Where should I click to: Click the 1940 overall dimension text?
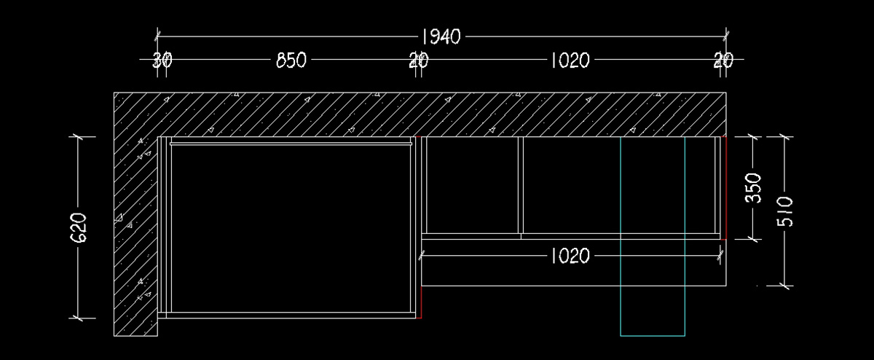(441, 36)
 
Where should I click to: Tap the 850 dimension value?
(291, 60)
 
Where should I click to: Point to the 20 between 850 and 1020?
(418, 60)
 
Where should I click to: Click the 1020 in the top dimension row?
(569, 60)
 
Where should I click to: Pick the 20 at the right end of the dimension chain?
(723, 60)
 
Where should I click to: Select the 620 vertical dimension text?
(79, 227)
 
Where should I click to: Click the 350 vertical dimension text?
(755, 187)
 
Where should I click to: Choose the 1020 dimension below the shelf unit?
(570, 255)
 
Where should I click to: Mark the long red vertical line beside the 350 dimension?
(725, 187)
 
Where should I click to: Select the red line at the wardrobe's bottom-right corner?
(422, 303)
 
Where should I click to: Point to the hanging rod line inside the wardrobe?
(291, 144)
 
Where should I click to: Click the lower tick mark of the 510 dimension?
(784, 285)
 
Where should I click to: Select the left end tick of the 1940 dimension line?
(158, 35)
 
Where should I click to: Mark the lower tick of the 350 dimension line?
(755, 238)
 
